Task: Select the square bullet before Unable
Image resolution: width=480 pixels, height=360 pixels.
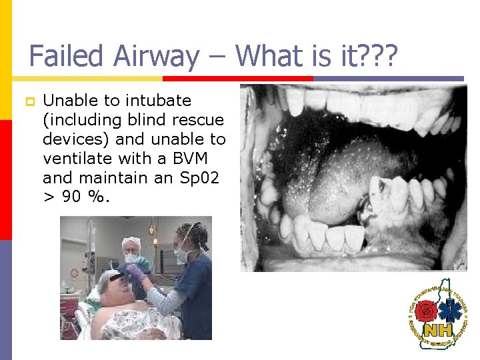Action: point(29,101)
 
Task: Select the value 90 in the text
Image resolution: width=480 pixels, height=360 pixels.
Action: point(74,198)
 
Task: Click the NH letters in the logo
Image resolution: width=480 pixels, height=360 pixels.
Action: point(437,329)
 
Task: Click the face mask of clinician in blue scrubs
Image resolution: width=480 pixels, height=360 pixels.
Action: point(181,254)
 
